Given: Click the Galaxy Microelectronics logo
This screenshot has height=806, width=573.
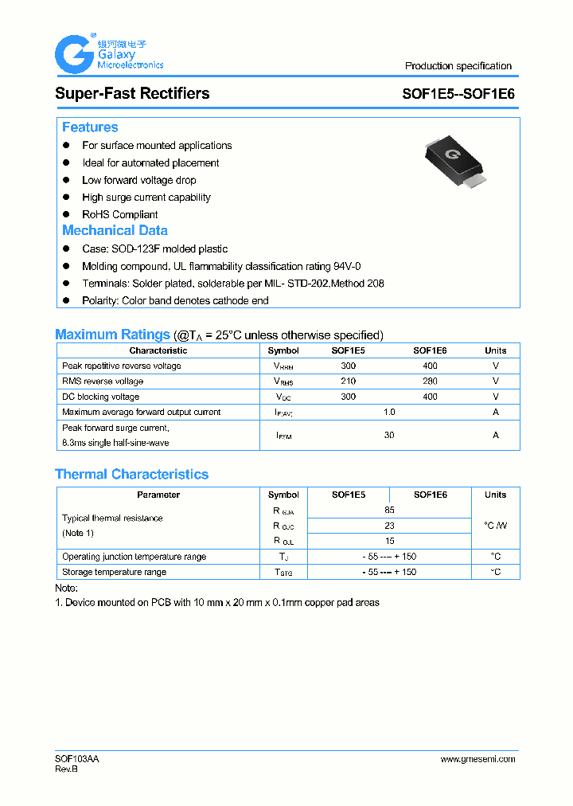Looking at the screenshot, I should (x=107, y=54).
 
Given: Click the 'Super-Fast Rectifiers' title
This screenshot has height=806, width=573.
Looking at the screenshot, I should (x=132, y=93).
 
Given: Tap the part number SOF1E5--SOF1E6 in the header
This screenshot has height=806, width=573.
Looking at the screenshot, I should (x=458, y=93).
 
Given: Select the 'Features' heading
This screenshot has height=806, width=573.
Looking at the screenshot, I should (x=90, y=127).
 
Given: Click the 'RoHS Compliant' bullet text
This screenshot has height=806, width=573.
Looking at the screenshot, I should (x=119, y=214).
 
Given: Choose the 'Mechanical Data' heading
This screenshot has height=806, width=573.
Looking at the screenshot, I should (x=115, y=230).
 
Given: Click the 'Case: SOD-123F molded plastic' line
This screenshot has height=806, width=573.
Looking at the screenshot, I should (x=154, y=249).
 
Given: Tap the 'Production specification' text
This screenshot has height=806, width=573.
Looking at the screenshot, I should (x=458, y=66).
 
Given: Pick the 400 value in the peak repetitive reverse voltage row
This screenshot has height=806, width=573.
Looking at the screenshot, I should (x=430, y=366).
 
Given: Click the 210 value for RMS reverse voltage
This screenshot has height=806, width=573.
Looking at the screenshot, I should (x=348, y=381).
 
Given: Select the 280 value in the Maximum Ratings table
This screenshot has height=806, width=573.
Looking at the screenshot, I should (x=430, y=381).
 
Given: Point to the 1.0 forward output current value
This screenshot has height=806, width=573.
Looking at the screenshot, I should (x=389, y=412).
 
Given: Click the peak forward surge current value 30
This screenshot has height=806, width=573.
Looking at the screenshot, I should (x=389, y=435).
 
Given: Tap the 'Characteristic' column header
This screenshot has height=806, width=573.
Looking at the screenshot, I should (x=158, y=350).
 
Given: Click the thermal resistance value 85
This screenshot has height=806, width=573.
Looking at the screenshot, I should (x=389, y=510).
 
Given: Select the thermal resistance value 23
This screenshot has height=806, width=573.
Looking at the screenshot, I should (x=389, y=526).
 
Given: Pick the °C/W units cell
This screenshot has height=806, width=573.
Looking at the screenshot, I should (x=495, y=526).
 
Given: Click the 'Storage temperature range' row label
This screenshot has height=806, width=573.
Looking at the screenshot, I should (x=115, y=572).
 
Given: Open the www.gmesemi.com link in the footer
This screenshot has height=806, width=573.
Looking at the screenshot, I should (x=477, y=759).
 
